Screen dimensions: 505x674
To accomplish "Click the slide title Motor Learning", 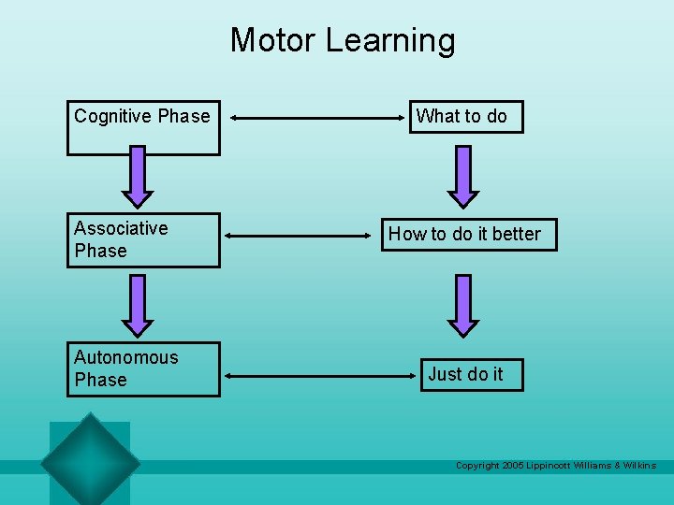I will (x=343, y=40).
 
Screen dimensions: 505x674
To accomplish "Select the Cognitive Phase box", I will (x=143, y=127).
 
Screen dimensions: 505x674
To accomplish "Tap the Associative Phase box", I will (x=143, y=239).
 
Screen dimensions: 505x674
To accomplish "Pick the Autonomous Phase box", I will (x=143, y=368).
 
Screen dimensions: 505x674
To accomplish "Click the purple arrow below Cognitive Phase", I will (x=138, y=176).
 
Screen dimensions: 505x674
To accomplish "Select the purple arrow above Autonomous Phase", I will (x=138, y=305).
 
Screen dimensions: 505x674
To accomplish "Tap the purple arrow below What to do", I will (x=463, y=176).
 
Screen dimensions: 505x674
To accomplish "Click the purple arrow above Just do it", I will (x=463, y=305).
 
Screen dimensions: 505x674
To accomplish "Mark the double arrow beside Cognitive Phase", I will (x=315, y=119).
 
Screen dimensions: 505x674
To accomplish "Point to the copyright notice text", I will (x=555, y=466).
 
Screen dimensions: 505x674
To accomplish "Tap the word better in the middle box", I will (x=516, y=234).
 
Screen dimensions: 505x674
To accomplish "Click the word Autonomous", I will (x=125, y=357).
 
